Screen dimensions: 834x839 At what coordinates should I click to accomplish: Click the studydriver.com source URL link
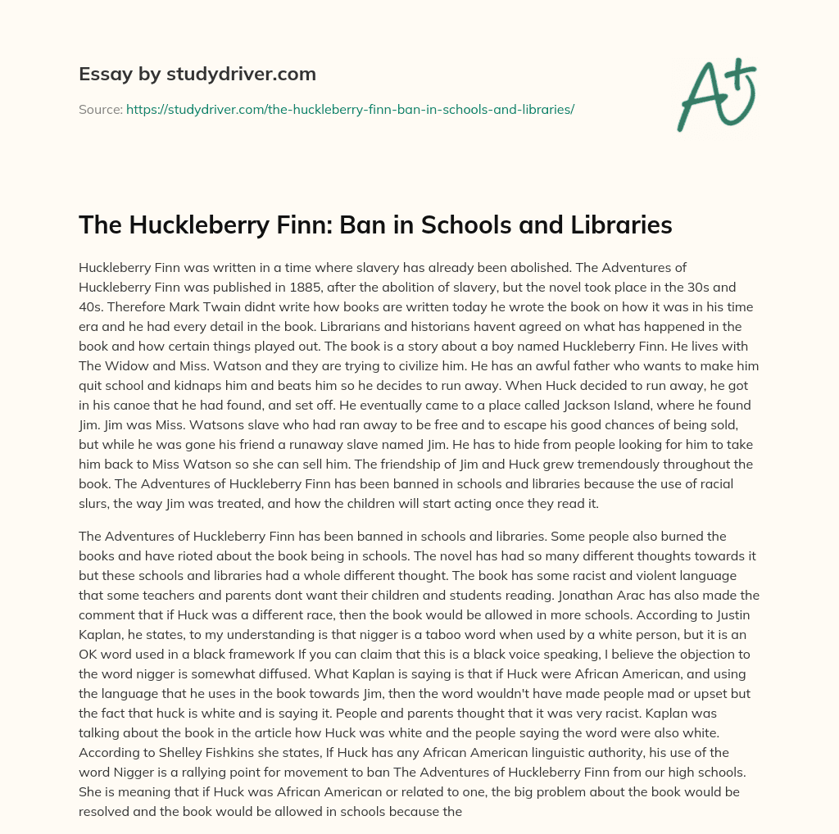[350, 108]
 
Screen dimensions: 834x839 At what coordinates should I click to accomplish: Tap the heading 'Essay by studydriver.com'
[197, 74]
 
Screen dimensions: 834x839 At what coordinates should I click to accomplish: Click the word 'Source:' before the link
[100, 108]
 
